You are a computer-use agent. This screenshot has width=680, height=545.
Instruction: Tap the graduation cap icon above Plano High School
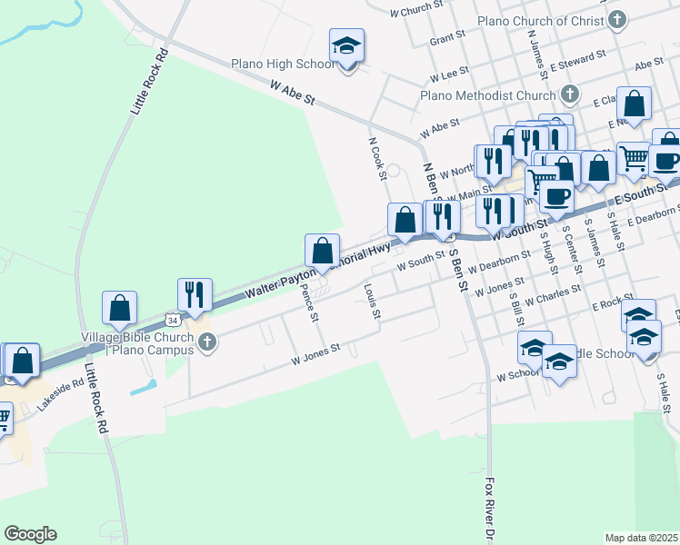point(346,45)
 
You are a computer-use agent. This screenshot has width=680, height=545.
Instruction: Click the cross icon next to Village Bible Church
point(207,342)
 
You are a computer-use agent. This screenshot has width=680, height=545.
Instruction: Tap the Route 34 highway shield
point(173,319)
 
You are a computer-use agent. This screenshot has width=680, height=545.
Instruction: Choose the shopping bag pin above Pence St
point(322,251)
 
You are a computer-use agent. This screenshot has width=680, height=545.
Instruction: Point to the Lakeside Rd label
point(60,395)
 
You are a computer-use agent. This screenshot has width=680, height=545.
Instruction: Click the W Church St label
point(415,11)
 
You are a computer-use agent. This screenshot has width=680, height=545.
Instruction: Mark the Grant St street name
point(447,40)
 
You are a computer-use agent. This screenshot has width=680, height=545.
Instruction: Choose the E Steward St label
point(578,58)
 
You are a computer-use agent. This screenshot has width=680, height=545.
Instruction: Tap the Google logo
point(30,534)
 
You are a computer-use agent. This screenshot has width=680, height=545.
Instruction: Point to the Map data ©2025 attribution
point(641,538)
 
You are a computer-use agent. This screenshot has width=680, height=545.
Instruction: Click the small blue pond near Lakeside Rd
point(144,386)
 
